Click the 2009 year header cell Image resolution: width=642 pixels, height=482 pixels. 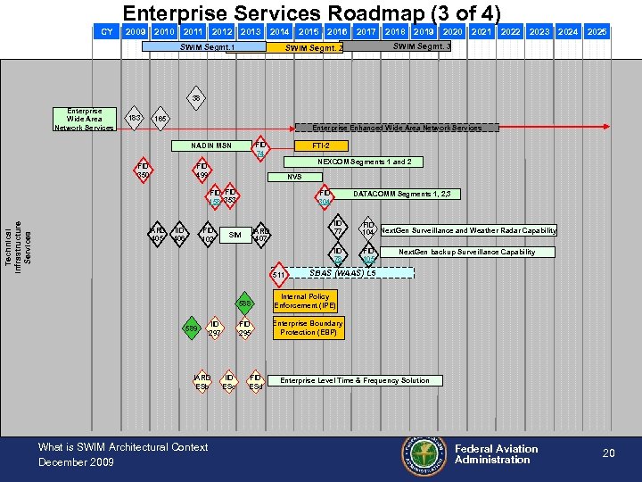(x=136, y=32)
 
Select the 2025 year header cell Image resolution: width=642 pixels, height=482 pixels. (x=597, y=32)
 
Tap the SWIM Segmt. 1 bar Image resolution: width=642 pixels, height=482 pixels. (x=207, y=47)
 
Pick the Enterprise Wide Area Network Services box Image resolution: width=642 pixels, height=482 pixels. (x=85, y=120)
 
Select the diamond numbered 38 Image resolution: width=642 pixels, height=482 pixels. (x=196, y=98)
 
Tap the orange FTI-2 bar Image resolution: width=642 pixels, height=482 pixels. (x=321, y=145)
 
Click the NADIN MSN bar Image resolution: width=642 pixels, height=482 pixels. (x=211, y=145)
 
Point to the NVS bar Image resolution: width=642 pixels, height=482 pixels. (x=294, y=177)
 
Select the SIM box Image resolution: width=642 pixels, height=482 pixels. (x=235, y=236)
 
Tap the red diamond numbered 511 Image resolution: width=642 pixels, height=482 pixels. (x=278, y=274)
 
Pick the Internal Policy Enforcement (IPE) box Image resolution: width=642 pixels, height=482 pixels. (x=305, y=301)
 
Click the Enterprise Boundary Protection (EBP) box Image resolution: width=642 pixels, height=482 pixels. (x=308, y=328)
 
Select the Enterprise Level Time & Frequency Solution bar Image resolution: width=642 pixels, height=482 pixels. (x=355, y=380)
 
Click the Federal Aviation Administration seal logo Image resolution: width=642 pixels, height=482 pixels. (x=424, y=453)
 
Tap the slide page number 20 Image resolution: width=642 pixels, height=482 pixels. (x=608, y=453)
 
